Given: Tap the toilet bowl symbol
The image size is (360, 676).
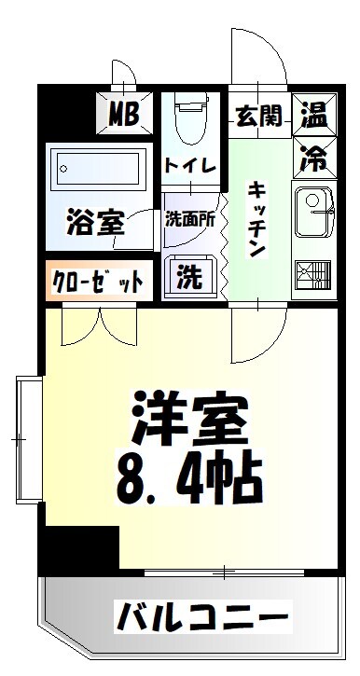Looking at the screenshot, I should point(191,118).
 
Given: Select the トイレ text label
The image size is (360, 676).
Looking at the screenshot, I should point(191,166).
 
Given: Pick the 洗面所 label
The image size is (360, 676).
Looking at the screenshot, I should point(190,221).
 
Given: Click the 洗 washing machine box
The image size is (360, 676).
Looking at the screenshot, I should point(189,276).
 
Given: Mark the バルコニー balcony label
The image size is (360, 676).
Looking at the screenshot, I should point(201,616).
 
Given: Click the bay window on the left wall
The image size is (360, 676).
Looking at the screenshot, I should point(26,438).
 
